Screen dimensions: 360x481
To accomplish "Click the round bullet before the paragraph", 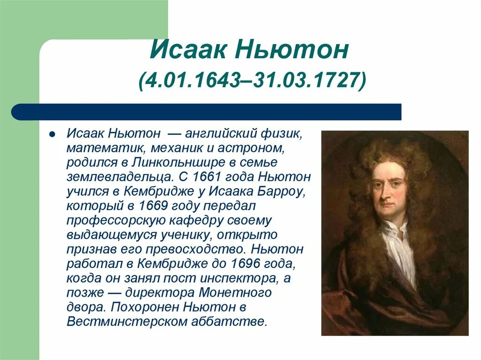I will pos(53,134).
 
